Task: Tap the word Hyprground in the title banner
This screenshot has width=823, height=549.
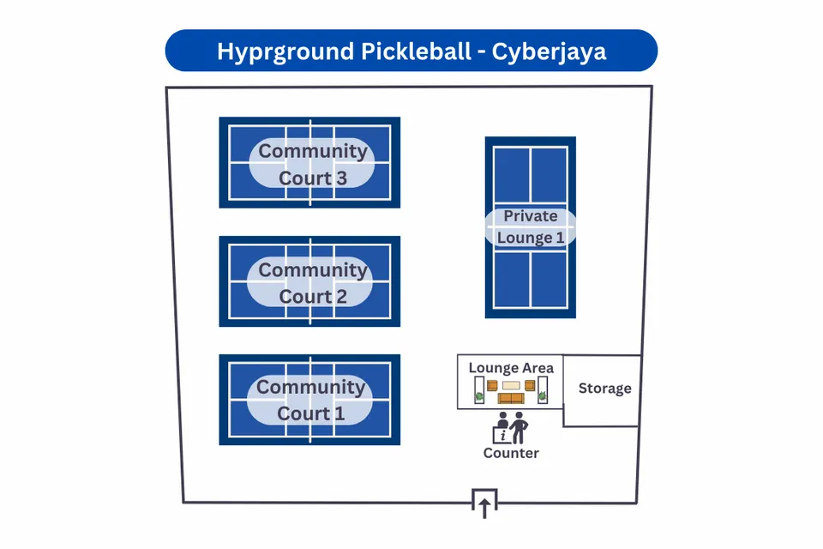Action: [272, 51]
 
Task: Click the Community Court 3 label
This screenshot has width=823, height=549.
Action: [312, 164]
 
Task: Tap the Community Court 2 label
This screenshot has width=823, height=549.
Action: [312, 283]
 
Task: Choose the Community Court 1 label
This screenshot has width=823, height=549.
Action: [311, 401]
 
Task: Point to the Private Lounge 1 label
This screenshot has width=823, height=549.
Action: [531, 227]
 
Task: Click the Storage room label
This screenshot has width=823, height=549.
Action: [604, 389]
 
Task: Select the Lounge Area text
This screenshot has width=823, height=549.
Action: [511, 368]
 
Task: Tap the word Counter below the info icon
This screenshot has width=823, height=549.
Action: [511, 453]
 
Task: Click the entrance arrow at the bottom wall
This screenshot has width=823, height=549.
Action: [484, 507]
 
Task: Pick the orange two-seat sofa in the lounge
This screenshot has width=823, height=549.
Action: [511, 398]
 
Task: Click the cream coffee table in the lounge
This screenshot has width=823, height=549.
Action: [511, 386]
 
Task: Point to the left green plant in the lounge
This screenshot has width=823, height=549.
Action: [478, 395]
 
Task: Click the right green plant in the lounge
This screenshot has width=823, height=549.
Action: [543, 395]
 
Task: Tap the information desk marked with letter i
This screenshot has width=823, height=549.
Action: [502, 434]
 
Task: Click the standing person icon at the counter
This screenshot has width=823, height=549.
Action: [518, 427]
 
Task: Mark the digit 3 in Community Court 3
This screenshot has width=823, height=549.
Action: [341, 178]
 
